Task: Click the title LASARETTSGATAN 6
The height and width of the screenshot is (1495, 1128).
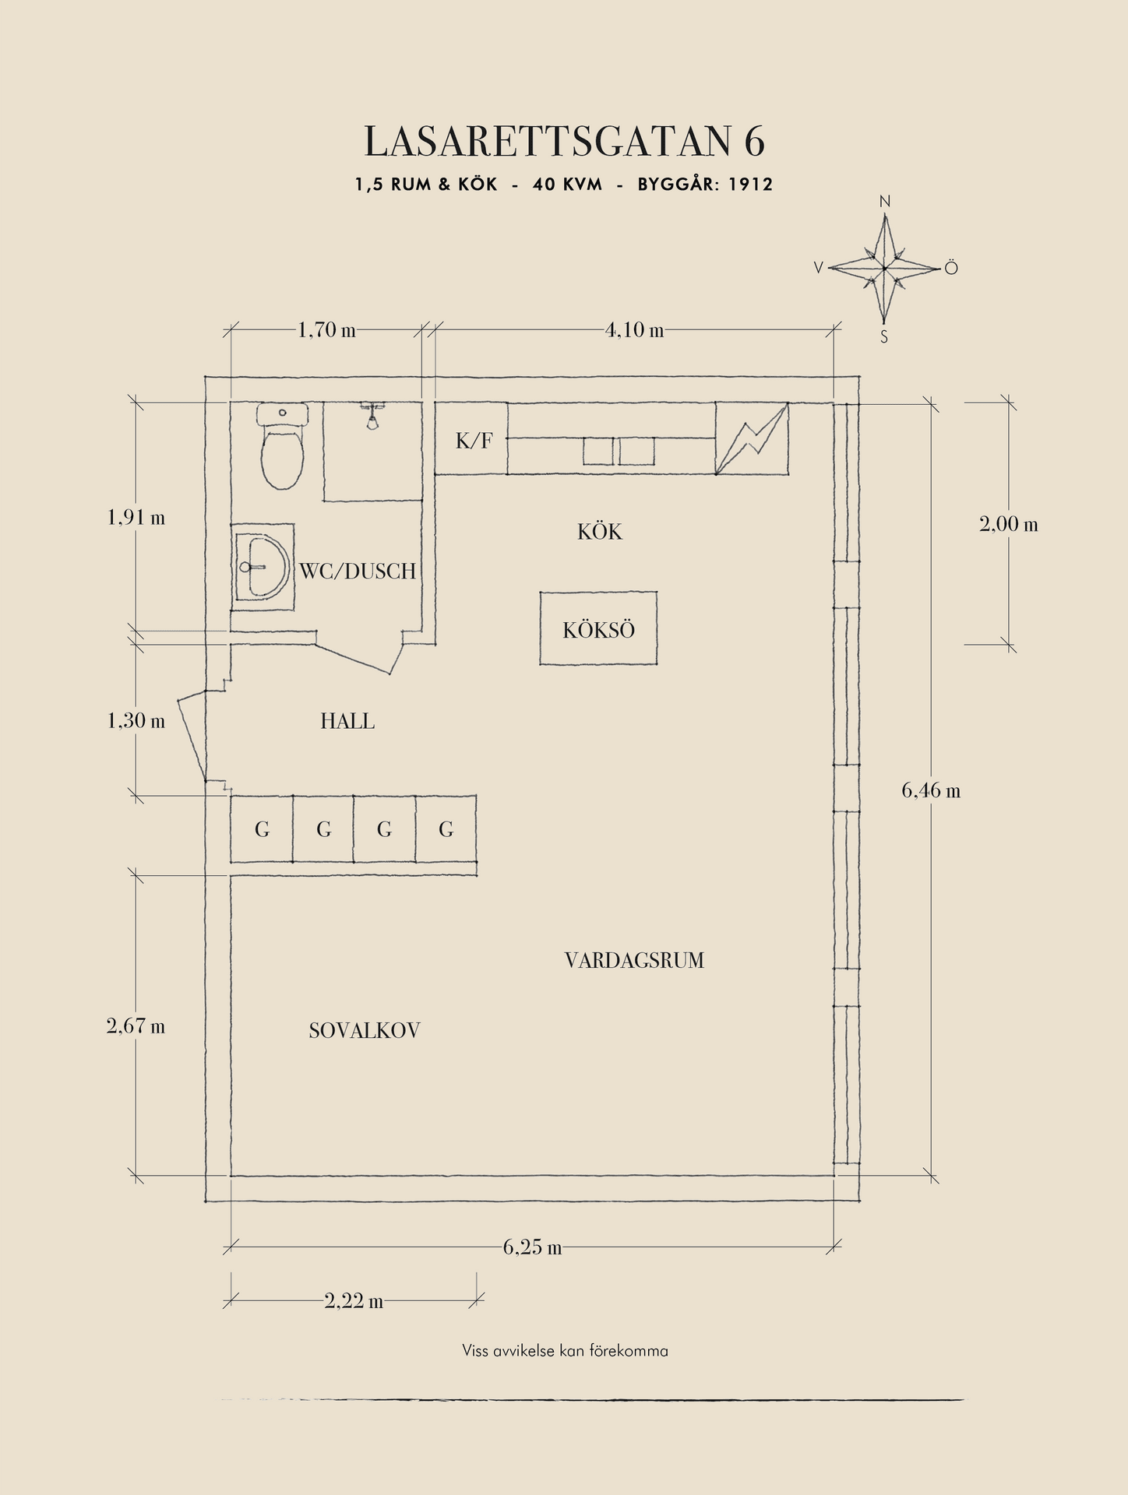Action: pyautogui.click(x=564, y=142)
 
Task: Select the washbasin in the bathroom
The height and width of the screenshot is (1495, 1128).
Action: pyautogui.click(x=263, y=567)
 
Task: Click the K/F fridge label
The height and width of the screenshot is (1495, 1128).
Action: pyautogui.click(x=474, y=441)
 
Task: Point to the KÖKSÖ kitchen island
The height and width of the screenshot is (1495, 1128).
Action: pyautogui.click(x=598, y=628)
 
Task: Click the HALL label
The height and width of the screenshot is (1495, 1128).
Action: pyautogui.click(x=347, y=721)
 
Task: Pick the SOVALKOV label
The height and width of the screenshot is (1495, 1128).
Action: pyautogui.click(x=365, y=1030)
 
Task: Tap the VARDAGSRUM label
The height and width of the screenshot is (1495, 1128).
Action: pyautogui.click(x=634, y=960)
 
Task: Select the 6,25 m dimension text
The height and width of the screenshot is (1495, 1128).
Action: pyautogui.click(x=532, y=1247)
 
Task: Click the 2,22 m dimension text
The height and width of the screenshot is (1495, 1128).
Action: pyautogui.click(x=354, y=1300)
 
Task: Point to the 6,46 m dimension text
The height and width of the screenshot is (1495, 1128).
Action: pyautogui.click(x=931, y=790)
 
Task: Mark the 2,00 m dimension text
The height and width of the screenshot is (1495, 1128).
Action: pyautogui.click(x=1009, y=524)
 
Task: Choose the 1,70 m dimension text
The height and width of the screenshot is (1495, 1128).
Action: pyautogui.click(x=326, y=330)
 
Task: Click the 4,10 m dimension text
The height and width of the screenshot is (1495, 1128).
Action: pyautogui.click(x=635, y=330)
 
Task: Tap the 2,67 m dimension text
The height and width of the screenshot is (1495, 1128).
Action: pyautogui.click(x=136, y=1025)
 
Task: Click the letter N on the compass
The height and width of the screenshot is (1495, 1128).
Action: pyautogui.click(x=885, y=202)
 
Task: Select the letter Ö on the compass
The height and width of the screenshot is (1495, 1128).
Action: pyautogui.click(x=951, y=268)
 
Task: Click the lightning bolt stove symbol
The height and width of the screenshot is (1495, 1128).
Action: pyautogui.click(x=752, y=438)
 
